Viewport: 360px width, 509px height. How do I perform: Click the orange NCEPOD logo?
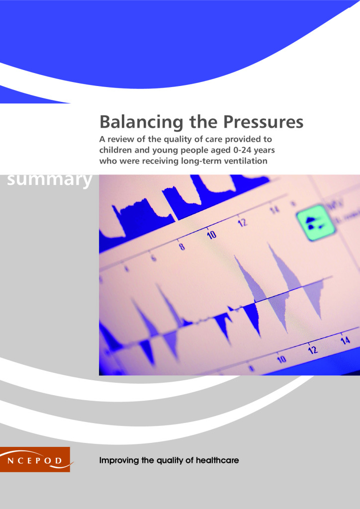tap(35, 459)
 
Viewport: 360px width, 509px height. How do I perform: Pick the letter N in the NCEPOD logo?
tap(10, 461)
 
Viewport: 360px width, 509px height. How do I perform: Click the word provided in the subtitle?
tap(241, 140)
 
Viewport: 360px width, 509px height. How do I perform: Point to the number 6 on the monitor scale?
tap(154, 258)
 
